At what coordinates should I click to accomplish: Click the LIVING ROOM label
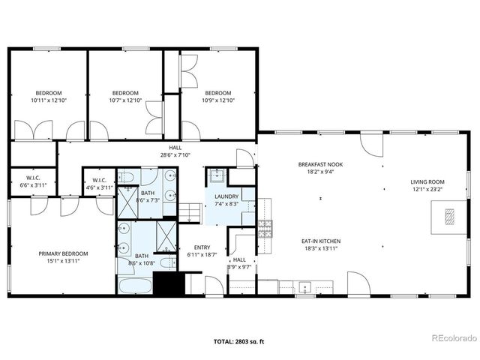pos(427,181)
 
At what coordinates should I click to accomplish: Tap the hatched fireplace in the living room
pos(448,217)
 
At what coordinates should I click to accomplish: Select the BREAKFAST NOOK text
pos(319,164)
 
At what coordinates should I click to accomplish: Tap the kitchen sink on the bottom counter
pos(305,286)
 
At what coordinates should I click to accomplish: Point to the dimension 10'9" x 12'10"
pos(217,100)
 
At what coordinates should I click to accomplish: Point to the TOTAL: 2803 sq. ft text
pos(239,340)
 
